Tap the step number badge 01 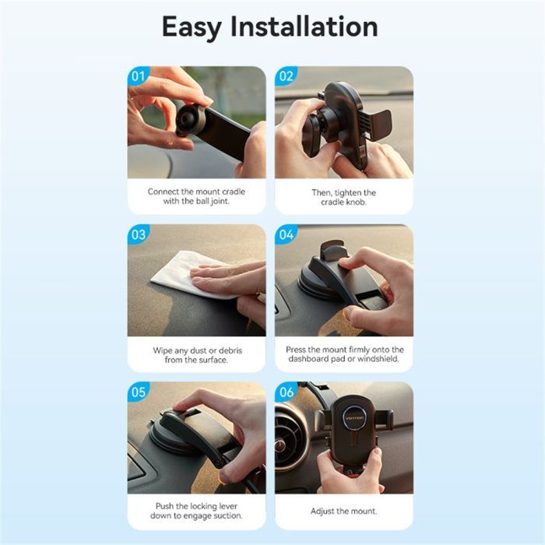click(x=138, y=76)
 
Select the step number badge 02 click(x=286, y=76)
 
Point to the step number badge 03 click(x=138, y=234)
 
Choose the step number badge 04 click(x=286, y=234)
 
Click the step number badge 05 click(x=138, y=392)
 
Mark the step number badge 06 click(x=286, y=392)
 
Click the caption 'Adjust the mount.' click(x=343, y=511)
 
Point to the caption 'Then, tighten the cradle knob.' click(x=343, y=197)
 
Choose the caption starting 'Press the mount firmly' click(x=343, y=355)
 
